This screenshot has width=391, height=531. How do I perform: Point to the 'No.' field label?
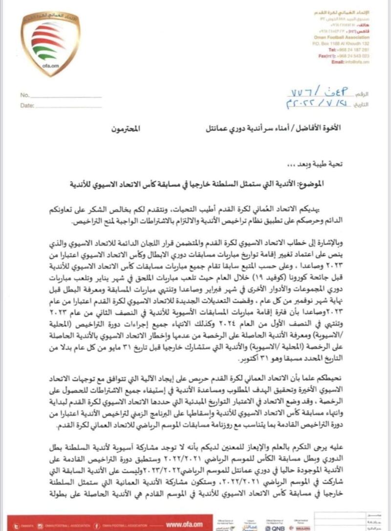tap(25, 95)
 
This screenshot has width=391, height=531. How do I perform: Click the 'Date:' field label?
tap(27, 105)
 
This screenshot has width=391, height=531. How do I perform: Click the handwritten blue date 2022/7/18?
tap(320, 104)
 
